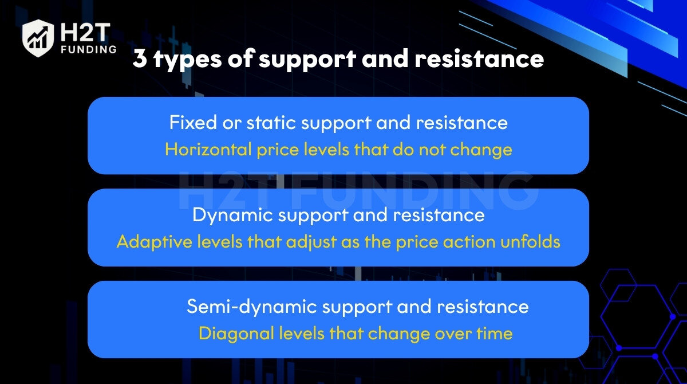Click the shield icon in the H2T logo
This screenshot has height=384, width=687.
point(38,38)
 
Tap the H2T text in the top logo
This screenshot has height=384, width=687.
point(85,32)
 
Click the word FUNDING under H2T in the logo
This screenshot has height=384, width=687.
point(89,49)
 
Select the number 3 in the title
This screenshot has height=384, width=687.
point(140,58)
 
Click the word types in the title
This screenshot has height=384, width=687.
point(188,60)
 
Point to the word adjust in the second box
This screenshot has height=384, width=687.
point(311,242)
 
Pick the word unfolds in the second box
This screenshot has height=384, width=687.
point(530,241)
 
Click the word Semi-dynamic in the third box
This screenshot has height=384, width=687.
point(251,307)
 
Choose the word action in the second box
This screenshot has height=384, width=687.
point(469,241)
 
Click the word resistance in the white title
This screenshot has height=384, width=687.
point(479,58)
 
